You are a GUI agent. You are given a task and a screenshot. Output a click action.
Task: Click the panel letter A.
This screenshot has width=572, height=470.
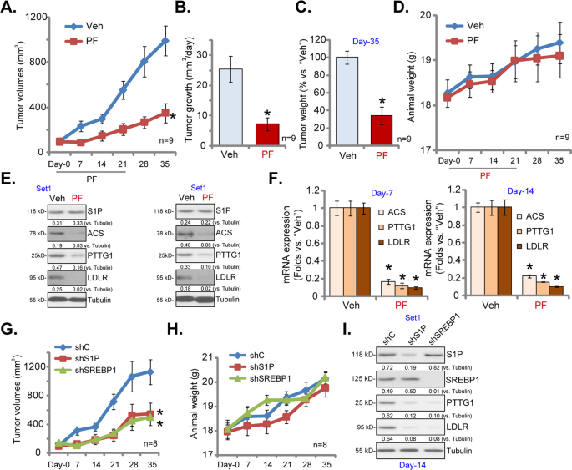(9, 10)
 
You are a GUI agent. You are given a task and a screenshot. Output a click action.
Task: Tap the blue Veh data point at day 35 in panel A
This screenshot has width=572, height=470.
(165, 40)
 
